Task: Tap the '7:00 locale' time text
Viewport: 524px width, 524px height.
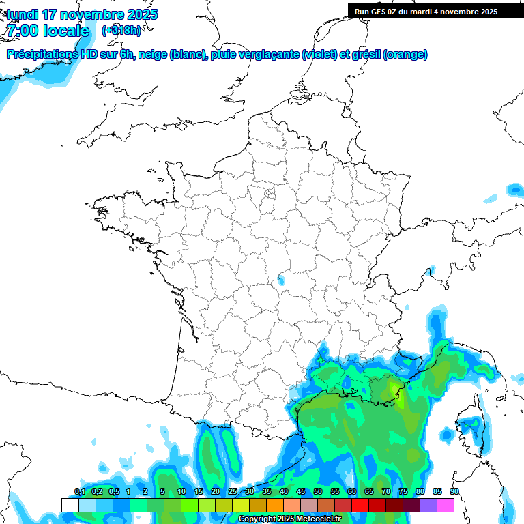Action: click(48, 31)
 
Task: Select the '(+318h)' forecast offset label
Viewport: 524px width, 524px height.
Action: click(121, 31)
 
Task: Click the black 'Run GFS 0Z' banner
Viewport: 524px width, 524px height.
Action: click(435, 11)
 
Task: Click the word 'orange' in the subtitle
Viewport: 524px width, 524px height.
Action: click(406, 55)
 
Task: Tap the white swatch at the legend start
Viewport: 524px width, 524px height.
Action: click(70, 505)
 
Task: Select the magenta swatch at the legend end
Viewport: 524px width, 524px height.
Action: click(446, 505)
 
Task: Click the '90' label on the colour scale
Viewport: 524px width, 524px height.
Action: click(454, 491)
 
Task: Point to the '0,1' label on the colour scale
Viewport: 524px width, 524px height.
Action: click(79, 491)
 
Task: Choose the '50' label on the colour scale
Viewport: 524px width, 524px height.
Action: click(318, 491)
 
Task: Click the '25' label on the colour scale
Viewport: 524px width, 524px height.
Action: click(233, 491)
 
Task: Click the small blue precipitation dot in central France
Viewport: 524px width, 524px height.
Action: click(280, 279)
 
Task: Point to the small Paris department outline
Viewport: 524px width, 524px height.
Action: click(270, 194)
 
